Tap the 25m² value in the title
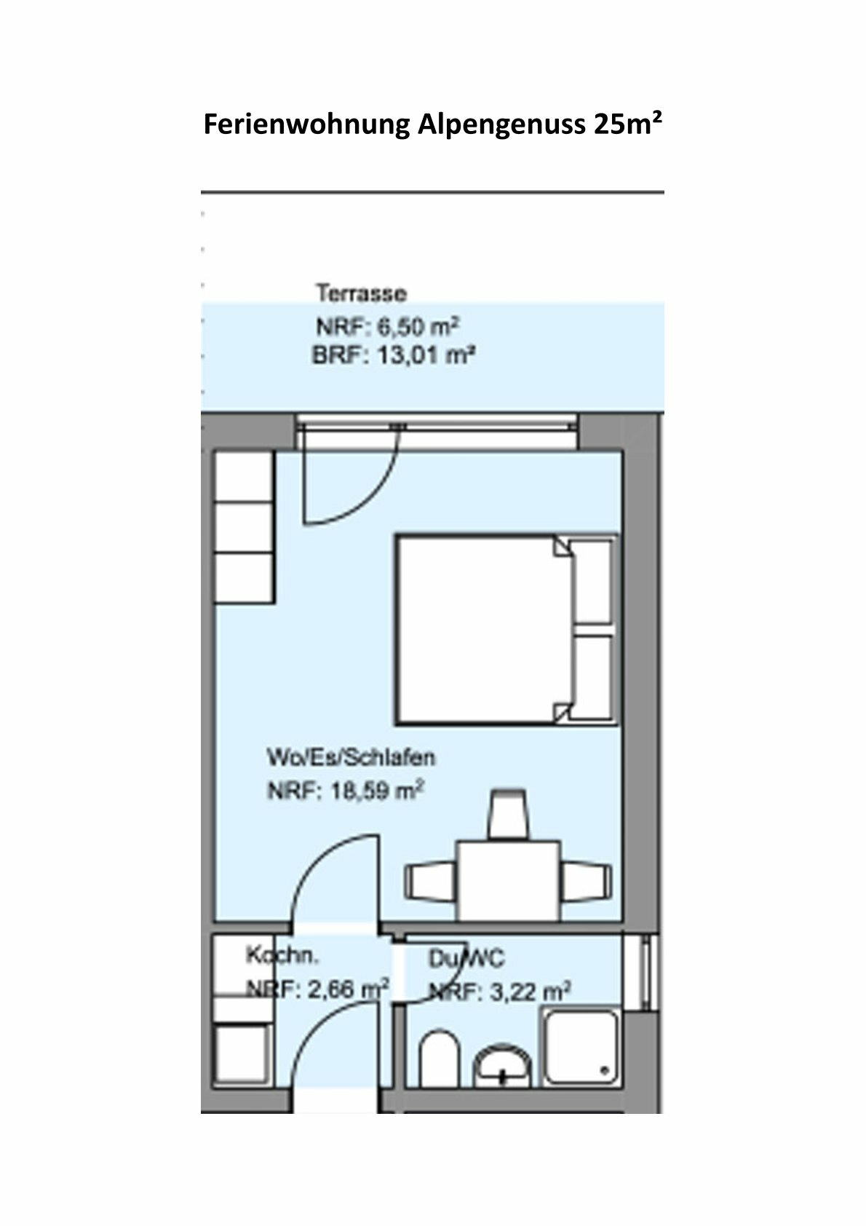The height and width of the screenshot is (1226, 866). coord(627,124)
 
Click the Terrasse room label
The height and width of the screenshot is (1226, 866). coord(361,294)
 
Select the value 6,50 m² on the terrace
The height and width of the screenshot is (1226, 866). coord(419,326)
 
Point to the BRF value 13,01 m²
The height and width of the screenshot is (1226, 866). coord(426,357)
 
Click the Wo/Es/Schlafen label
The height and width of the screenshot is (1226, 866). coord(351,758)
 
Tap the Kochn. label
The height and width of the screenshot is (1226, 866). coord(282,954)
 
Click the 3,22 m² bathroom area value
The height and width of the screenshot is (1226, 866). coord(530,991)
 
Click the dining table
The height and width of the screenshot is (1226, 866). coord(507,881)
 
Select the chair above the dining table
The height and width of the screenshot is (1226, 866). coord(507,815)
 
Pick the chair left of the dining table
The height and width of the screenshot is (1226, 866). coord(429,882)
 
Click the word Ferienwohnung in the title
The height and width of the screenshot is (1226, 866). coord(306,125)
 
